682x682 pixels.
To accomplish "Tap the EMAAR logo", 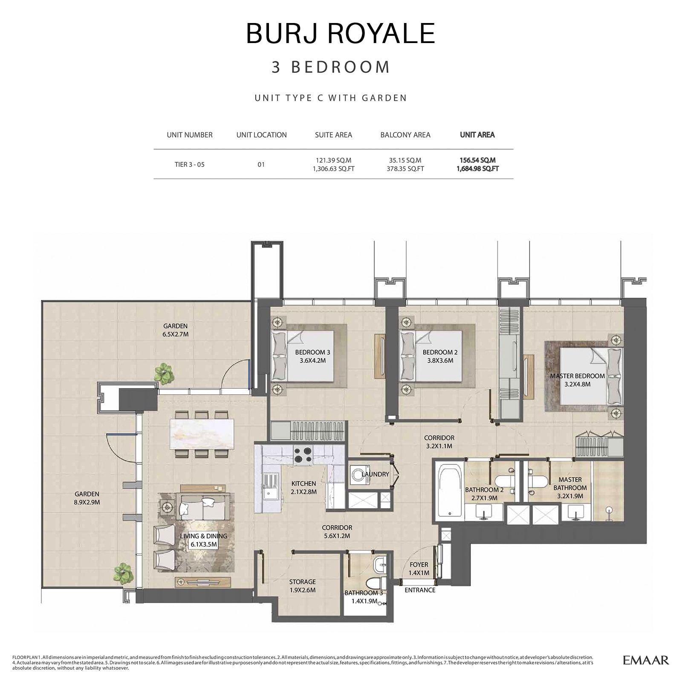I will (x=646, y=660).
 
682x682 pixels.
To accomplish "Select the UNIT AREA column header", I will (x=477, y=135).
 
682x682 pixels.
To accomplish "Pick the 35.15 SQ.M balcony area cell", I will (x=405, y=160).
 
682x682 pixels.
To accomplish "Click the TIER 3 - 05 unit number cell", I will (x=190, y=165).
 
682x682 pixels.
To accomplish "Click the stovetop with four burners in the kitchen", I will (x=303, y=454).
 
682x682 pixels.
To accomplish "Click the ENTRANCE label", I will (x=420, y=590).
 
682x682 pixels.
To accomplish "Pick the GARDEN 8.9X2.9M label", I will (x=87, y=498).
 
